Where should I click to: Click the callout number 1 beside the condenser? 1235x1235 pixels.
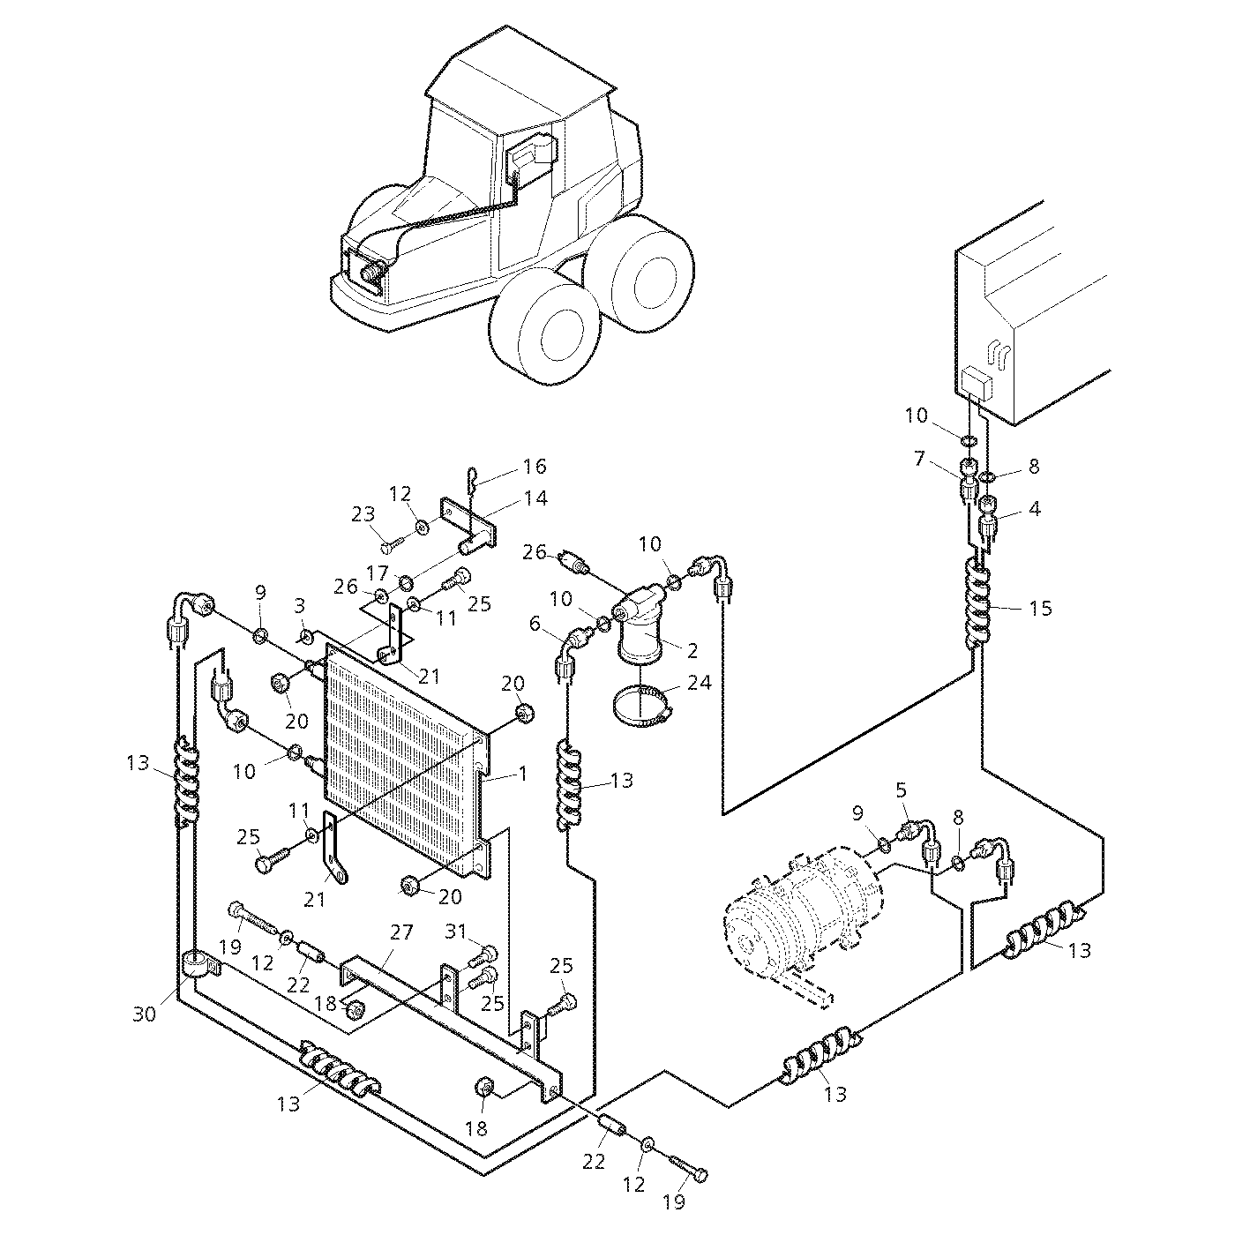[523, 775]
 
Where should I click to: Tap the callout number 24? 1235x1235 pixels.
[700, 683]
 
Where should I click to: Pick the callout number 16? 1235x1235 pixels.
[535, 467]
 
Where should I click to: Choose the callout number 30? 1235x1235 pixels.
[144, 1014]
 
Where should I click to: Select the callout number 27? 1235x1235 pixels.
[402, 932]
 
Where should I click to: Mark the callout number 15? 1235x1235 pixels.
[1041, 608]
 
